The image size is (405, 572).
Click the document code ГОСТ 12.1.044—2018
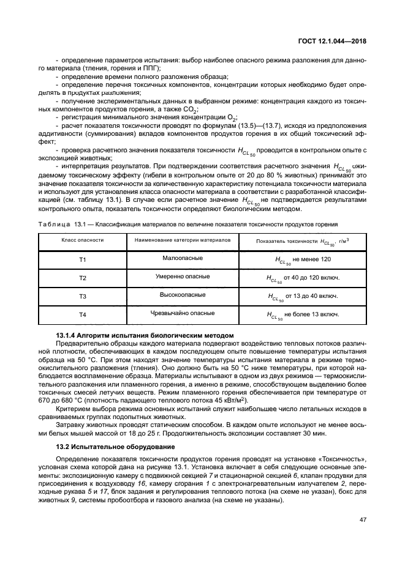coord(333,40)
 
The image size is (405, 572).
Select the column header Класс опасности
coord(83,240)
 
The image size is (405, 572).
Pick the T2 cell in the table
coord(83,278)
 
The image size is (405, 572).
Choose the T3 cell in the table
coord(83,296)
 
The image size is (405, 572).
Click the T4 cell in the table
coord(83,314)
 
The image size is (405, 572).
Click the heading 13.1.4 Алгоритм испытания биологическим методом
coord(145,335)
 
